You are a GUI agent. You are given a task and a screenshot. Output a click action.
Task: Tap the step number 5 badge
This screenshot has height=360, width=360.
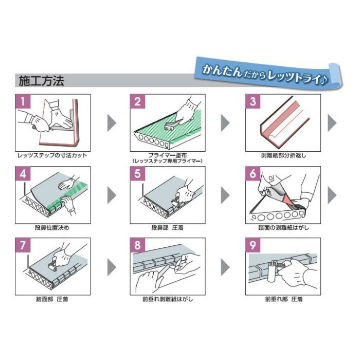point(137,173)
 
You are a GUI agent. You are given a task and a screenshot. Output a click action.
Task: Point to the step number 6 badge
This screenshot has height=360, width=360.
point(252,173)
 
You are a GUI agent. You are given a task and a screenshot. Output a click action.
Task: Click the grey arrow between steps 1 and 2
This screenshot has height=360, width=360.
point(111,122)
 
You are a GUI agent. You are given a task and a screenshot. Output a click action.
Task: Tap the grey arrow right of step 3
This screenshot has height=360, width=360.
point(332,122)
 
